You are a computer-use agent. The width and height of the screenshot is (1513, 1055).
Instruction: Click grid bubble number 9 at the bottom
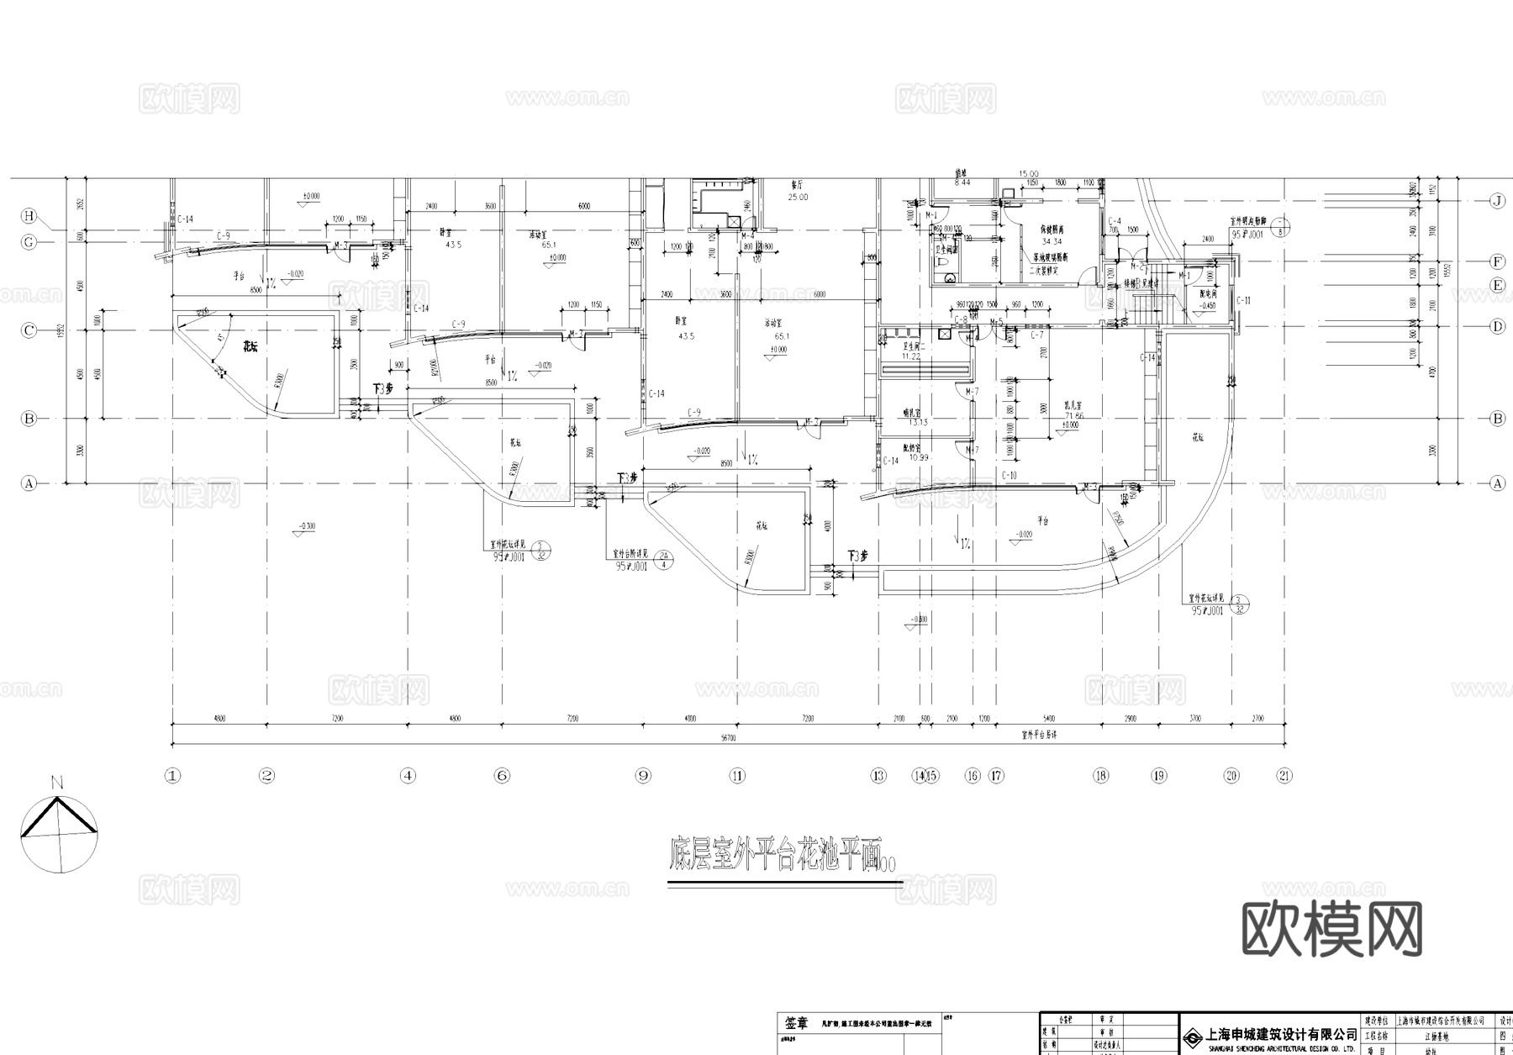[x=643, y=776]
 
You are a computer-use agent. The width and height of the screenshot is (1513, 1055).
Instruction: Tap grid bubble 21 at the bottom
[x=1284, y=776]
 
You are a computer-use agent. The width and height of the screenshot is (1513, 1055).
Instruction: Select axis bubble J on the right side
[x=1497, y=200]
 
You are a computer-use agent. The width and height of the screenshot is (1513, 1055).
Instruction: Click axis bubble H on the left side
[x=29, y=216]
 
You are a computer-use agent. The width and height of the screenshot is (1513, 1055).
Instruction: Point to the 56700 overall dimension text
[x=728, y=738]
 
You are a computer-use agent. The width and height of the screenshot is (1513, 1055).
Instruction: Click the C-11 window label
[x=1244, y=300]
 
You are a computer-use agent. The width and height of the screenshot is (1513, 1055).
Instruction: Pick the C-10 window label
[x=1010, y=476]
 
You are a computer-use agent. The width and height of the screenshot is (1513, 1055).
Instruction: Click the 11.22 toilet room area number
[x=910, y=356]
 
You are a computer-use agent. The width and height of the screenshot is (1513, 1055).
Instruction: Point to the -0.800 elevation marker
[x=918, y=620]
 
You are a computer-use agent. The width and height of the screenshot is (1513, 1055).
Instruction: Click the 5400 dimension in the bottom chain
[x=1048, y=719]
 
